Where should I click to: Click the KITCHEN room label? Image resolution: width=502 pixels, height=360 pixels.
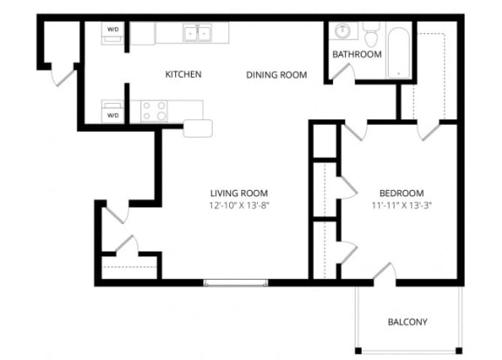(x=183, y=75)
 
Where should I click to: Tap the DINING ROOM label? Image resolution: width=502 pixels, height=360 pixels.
(x=276, y=75)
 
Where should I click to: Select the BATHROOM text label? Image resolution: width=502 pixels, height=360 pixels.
(x=356, y=55)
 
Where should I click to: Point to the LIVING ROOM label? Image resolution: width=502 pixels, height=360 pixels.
(x=239, y=193)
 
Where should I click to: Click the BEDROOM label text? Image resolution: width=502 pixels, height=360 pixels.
(x=401, y=193)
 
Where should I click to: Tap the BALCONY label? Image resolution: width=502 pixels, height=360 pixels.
(x=407, y=323)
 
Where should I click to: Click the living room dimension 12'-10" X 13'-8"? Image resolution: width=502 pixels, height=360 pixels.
(x=239, y=207)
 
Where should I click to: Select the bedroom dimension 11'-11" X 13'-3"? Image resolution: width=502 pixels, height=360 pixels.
(x=401, y=207)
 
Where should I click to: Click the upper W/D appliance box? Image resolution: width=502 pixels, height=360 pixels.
(x=113, y=31)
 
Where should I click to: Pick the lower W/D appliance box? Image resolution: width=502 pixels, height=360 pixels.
(x=113, y=114)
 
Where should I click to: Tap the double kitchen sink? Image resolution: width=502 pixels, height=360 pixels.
(x=198, y=33)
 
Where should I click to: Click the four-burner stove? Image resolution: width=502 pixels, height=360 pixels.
(x=154, y=111)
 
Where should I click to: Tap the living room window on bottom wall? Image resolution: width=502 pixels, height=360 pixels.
(x=236, y=282)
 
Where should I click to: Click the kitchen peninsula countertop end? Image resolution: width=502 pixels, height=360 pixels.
(x=198, y=128)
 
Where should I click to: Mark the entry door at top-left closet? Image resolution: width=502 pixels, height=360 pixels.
(x=64, y=75)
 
